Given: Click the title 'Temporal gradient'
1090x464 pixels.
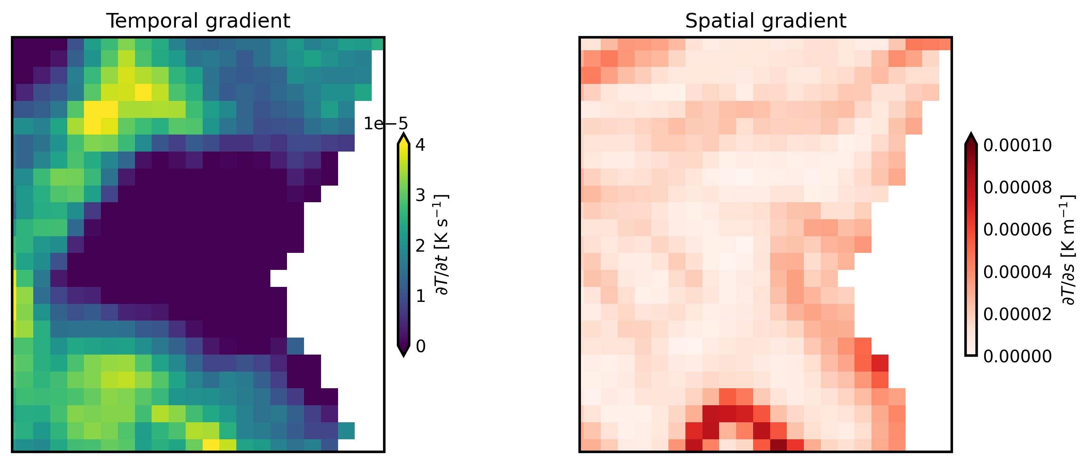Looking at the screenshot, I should [198, 21].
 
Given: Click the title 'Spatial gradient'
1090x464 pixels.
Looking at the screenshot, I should [765, 21].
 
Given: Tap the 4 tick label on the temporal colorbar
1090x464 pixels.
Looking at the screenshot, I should [420, 145].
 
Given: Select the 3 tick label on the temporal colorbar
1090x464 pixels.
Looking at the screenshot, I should [420, 195].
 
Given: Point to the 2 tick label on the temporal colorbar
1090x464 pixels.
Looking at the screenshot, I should [420, 246].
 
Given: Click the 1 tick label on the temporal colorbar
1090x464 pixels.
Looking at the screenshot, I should [420, 296].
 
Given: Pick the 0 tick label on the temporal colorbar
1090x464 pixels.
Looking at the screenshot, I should [420, 346].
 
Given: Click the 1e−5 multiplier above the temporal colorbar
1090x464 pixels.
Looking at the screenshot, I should [385, 124].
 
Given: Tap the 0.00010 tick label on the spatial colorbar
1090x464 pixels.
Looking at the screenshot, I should [1017, 145].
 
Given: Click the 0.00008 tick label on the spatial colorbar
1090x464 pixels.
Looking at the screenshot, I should [1017, 187].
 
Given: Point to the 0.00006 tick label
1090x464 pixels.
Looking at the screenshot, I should [1017, 230].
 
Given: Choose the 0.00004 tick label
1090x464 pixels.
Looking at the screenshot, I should [1017, 272].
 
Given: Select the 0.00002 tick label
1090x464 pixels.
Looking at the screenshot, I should [1017, 314].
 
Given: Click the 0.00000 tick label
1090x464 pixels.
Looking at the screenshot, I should [1017, 357].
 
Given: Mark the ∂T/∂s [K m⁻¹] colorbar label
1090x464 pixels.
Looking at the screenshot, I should [1068, 250].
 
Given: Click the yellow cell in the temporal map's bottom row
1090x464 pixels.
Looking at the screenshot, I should [211, 445].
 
